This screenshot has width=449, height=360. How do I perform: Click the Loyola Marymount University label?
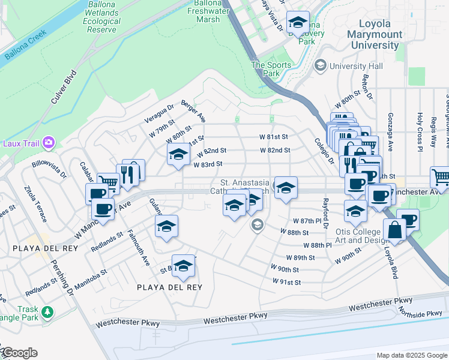[x=375, y=34]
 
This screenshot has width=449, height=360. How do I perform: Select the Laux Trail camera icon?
[x=48, y=143]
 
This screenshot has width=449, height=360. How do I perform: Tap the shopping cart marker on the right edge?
[x=441, y=177]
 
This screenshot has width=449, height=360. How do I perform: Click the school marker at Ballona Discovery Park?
[x=297, y=23]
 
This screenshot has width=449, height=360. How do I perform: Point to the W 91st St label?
[x=286, y=281]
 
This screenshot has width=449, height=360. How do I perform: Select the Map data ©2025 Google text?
[x=411, y=355]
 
